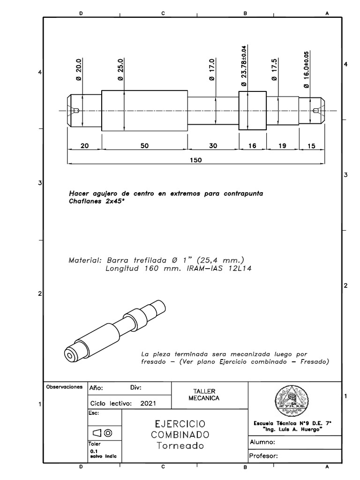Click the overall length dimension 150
(196, 160)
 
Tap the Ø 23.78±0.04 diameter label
(243, 66)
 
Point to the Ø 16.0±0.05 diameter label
(307, 67)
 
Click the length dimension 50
(144, 146)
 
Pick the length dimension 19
(282, 146)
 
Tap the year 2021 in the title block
(148, 403)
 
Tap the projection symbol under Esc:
(102, 432)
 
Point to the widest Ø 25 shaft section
(144, 111)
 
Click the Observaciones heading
(64, 388)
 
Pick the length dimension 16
(252, 146)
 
